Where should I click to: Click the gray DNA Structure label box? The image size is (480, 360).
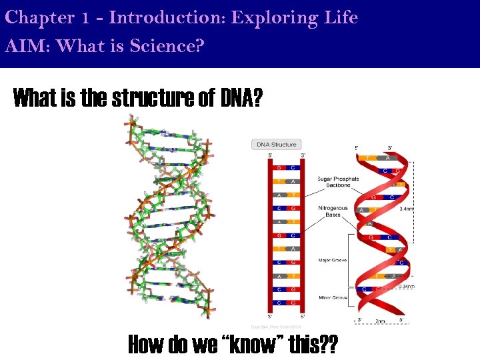pos(276,144)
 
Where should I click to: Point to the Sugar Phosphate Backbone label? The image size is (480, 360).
pos(338,182)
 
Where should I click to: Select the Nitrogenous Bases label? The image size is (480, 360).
pos(333,211)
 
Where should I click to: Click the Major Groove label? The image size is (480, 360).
pos(333,260)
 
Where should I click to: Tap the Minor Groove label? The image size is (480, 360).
pos(333,297)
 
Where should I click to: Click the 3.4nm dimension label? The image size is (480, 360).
pos(406,209)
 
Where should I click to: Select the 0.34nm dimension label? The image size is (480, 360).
pos(407,287)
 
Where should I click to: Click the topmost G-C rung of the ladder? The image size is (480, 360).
pos(287,167)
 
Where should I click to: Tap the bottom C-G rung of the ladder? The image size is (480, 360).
pos(287,303)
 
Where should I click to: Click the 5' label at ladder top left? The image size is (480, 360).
pos(270,156)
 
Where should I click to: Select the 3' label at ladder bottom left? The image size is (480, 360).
pos(270,317)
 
